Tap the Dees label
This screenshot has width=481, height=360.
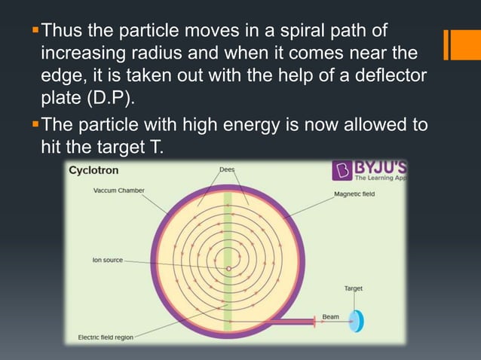coord(226,169)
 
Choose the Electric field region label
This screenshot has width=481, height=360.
coord(106,337)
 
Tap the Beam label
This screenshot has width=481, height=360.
coord(330,316)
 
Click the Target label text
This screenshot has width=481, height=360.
coord(354,288)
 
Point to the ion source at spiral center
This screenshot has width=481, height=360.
coord(228,268)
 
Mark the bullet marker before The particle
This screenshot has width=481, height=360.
coord(35,124)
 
